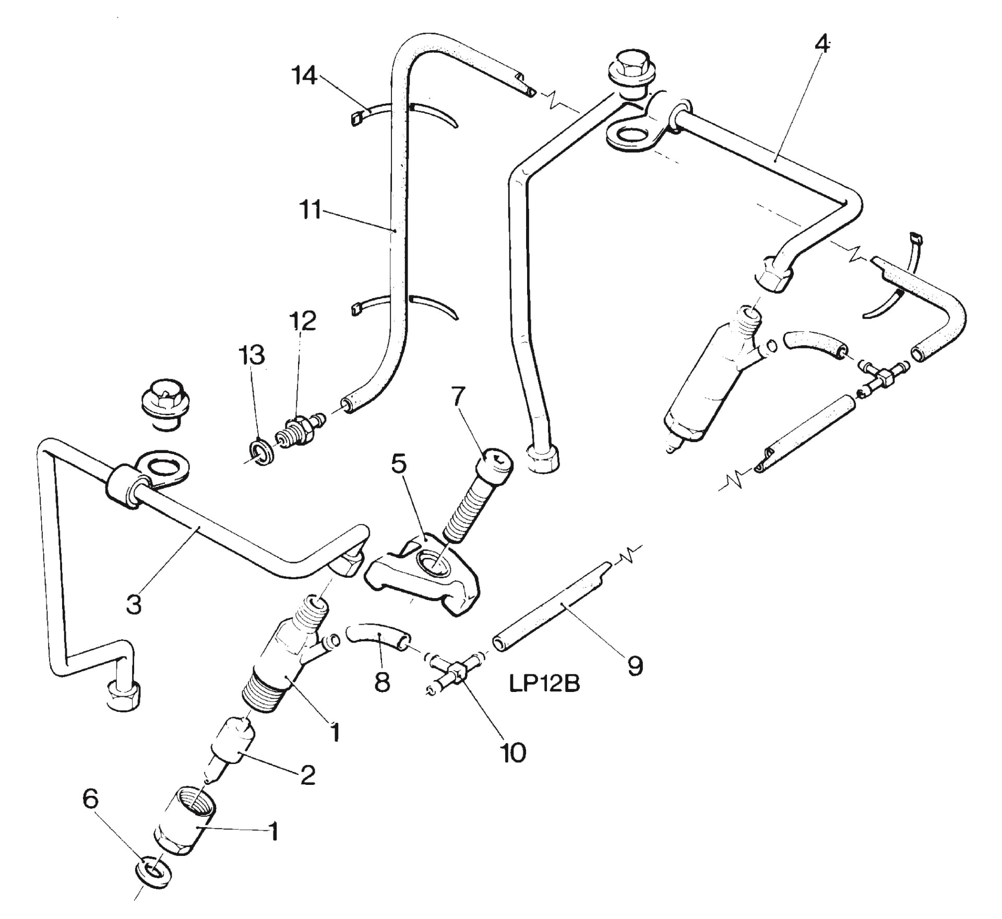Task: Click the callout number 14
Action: coord(305,76)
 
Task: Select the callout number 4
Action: coord(821,44)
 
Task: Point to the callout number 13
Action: coord(252,355)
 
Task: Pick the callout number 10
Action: coord(513,752)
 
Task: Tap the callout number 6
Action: coord(91,799)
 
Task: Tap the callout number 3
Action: coord(134,604)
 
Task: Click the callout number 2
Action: coord(308,775)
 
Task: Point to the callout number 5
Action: coord(399,463)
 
